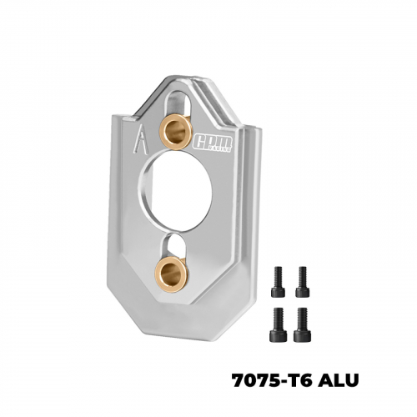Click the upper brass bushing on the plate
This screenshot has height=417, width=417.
(178, 131)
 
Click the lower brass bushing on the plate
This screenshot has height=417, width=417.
(171, 274)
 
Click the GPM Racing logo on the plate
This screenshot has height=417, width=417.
(213, 143)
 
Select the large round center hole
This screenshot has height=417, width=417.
(175, 191)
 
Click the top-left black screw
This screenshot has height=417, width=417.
(278, 281)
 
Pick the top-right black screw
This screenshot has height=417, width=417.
(303, 281)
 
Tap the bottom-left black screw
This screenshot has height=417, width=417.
(279, 324)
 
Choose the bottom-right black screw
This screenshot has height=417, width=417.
(302, 324)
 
